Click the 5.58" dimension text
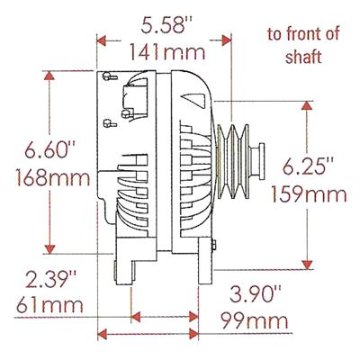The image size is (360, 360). pos(166,25)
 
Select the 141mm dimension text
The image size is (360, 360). pos(167,51)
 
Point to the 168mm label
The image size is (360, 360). pos(53,177)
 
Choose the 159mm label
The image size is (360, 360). pos(309,193)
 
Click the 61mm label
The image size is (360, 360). pos(49,304)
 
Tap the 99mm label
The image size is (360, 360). pos(255,320)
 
